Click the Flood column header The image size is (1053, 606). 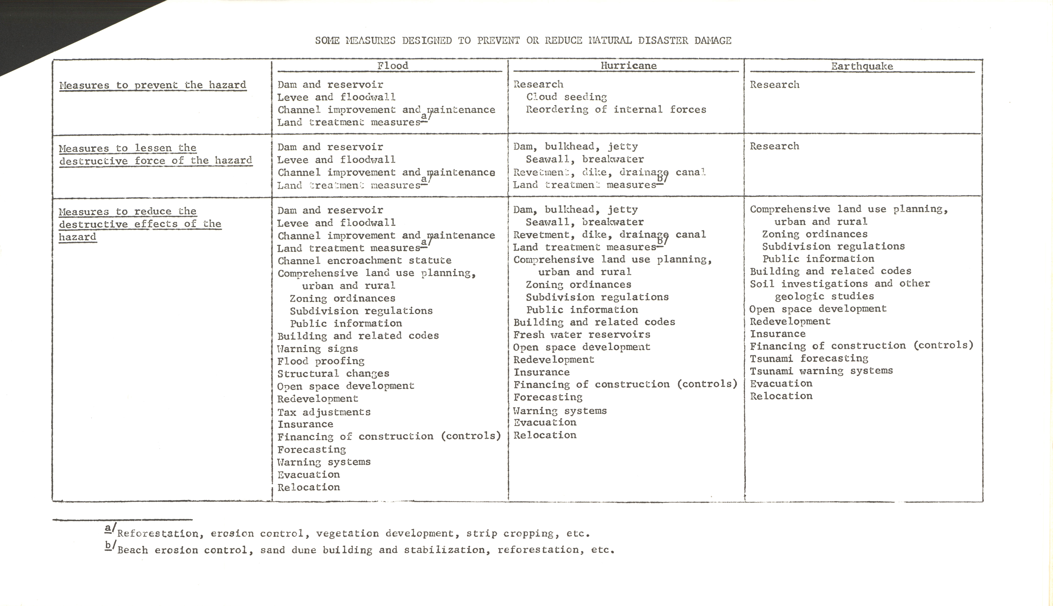[x=392, y=66]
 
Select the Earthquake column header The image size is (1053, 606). [x=862, y=66]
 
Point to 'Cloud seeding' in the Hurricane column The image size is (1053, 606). [x=566, y=97]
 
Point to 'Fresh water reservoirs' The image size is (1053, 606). [x=581, y=335]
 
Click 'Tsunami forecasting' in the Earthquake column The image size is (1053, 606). [x=809, y=358]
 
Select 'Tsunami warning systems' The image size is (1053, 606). [x=821, y=371]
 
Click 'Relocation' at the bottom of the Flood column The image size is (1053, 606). [x=309, y=487]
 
